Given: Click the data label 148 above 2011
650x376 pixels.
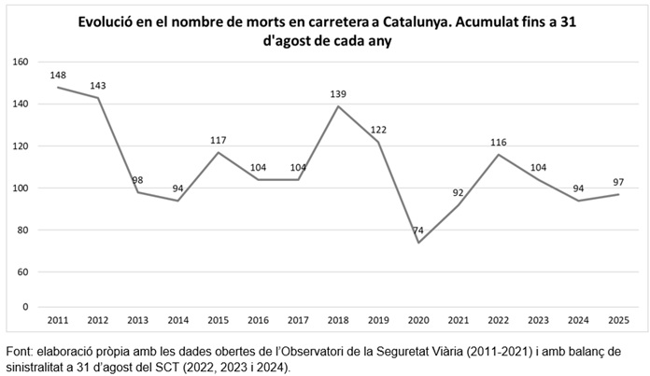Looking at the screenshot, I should (x=59, y=76).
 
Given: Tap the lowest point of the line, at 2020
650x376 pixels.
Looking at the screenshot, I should (x=417, y=243).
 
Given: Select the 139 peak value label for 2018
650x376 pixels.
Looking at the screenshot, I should (x=338, y=94).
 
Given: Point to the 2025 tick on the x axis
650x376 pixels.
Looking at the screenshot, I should (x=617, y=320).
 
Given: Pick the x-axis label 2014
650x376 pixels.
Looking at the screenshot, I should (x=178, y=320).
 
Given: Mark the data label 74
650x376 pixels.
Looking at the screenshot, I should (x=417, y=230).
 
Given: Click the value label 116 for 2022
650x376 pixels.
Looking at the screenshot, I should (x=498, y=142).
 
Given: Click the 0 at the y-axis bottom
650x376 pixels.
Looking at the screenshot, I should (x=26, y=307).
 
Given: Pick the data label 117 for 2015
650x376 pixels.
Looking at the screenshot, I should (x=219, y=140).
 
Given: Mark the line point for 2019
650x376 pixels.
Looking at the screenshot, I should (x=377, y=142).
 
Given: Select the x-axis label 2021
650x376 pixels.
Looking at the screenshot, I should (x=458, y=320).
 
